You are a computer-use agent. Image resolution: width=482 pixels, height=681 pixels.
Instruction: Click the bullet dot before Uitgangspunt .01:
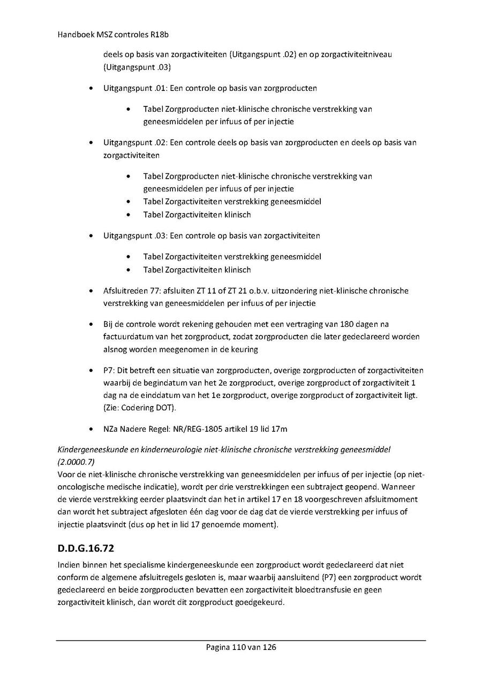tap(93, 88)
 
